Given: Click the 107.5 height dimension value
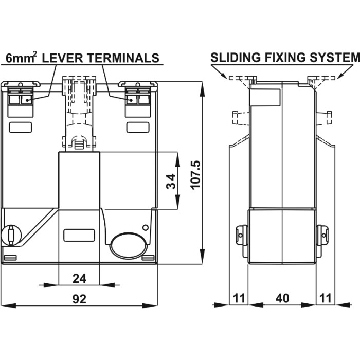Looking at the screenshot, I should (x=195, y=174).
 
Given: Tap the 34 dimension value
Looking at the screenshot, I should (x=171, y=181).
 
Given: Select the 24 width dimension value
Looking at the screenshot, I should (x=79, y=278).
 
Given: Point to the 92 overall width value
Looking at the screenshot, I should (x=79, y=299).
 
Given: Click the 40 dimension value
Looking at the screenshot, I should (x=282, y=299).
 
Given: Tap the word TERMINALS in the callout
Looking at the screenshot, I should (x=123, y=58).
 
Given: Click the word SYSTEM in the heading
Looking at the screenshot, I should (x=334, y=57).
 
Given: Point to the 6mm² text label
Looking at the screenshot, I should (x=20, y=58).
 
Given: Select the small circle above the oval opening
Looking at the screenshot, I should (x=146, y=227).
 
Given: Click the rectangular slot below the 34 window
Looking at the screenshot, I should (x=79, y=236).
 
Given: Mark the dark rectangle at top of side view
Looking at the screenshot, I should (x=265, y=97).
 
